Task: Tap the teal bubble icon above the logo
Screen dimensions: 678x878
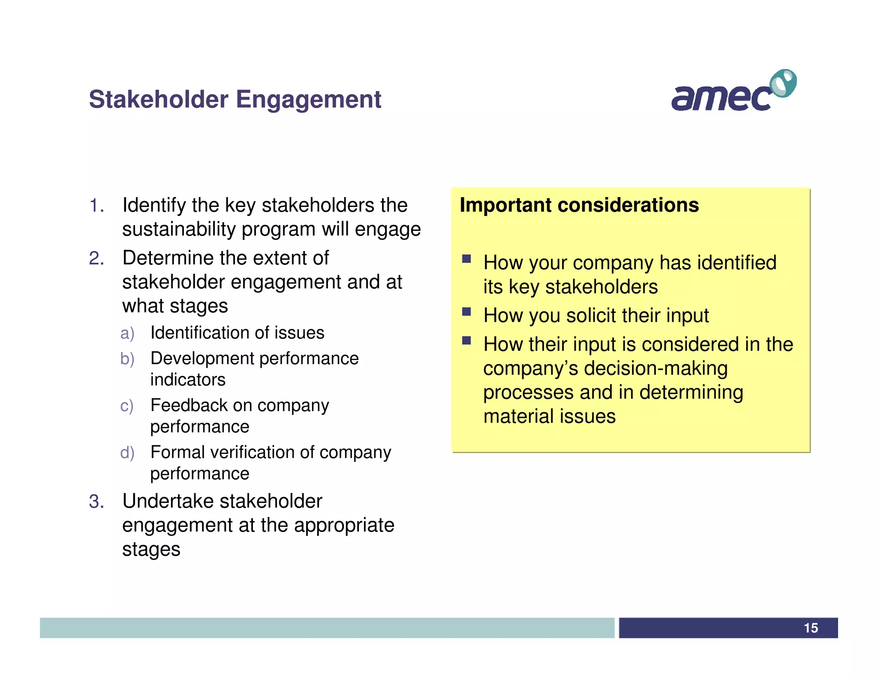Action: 783,83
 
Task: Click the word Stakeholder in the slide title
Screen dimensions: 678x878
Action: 158,99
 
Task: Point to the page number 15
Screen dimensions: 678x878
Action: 810,628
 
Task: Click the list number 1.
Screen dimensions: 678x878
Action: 96,206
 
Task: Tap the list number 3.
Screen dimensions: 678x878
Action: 96,501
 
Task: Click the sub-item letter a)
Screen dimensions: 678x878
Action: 127,333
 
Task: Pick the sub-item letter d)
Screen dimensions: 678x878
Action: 127,453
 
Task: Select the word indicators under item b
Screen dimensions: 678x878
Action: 188,380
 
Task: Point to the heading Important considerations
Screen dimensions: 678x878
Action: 579,205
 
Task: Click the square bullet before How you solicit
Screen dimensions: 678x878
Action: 466,311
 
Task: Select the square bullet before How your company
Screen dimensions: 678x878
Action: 466,258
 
